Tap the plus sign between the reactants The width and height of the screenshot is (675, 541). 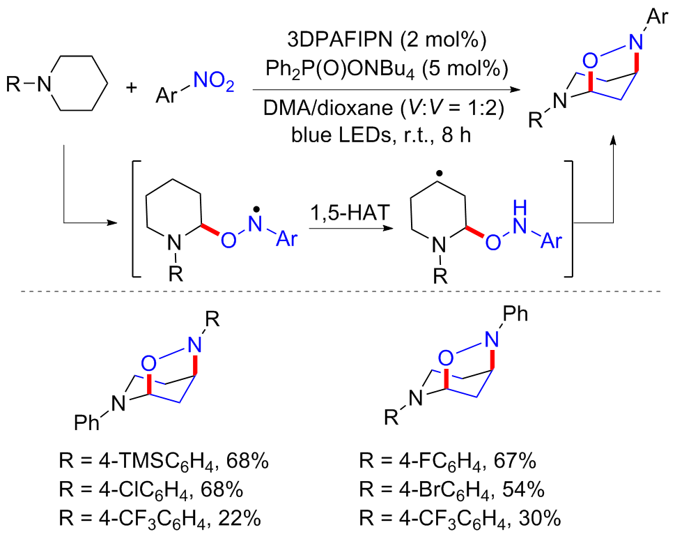pyautogui.click(x=134, y=89)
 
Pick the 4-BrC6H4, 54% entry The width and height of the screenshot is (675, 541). pyautogui.click(x=460, y=489)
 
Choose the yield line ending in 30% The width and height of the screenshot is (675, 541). pyautogui.click(x=460, y=518)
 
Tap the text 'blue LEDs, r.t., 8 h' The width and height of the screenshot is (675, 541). pyautogui.click(x=380, y=133)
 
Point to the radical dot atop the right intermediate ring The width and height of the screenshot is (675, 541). pyautogui.click(x=437, y=169)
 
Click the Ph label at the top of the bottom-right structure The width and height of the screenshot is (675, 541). pyautogui.click(x=513, y=315)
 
